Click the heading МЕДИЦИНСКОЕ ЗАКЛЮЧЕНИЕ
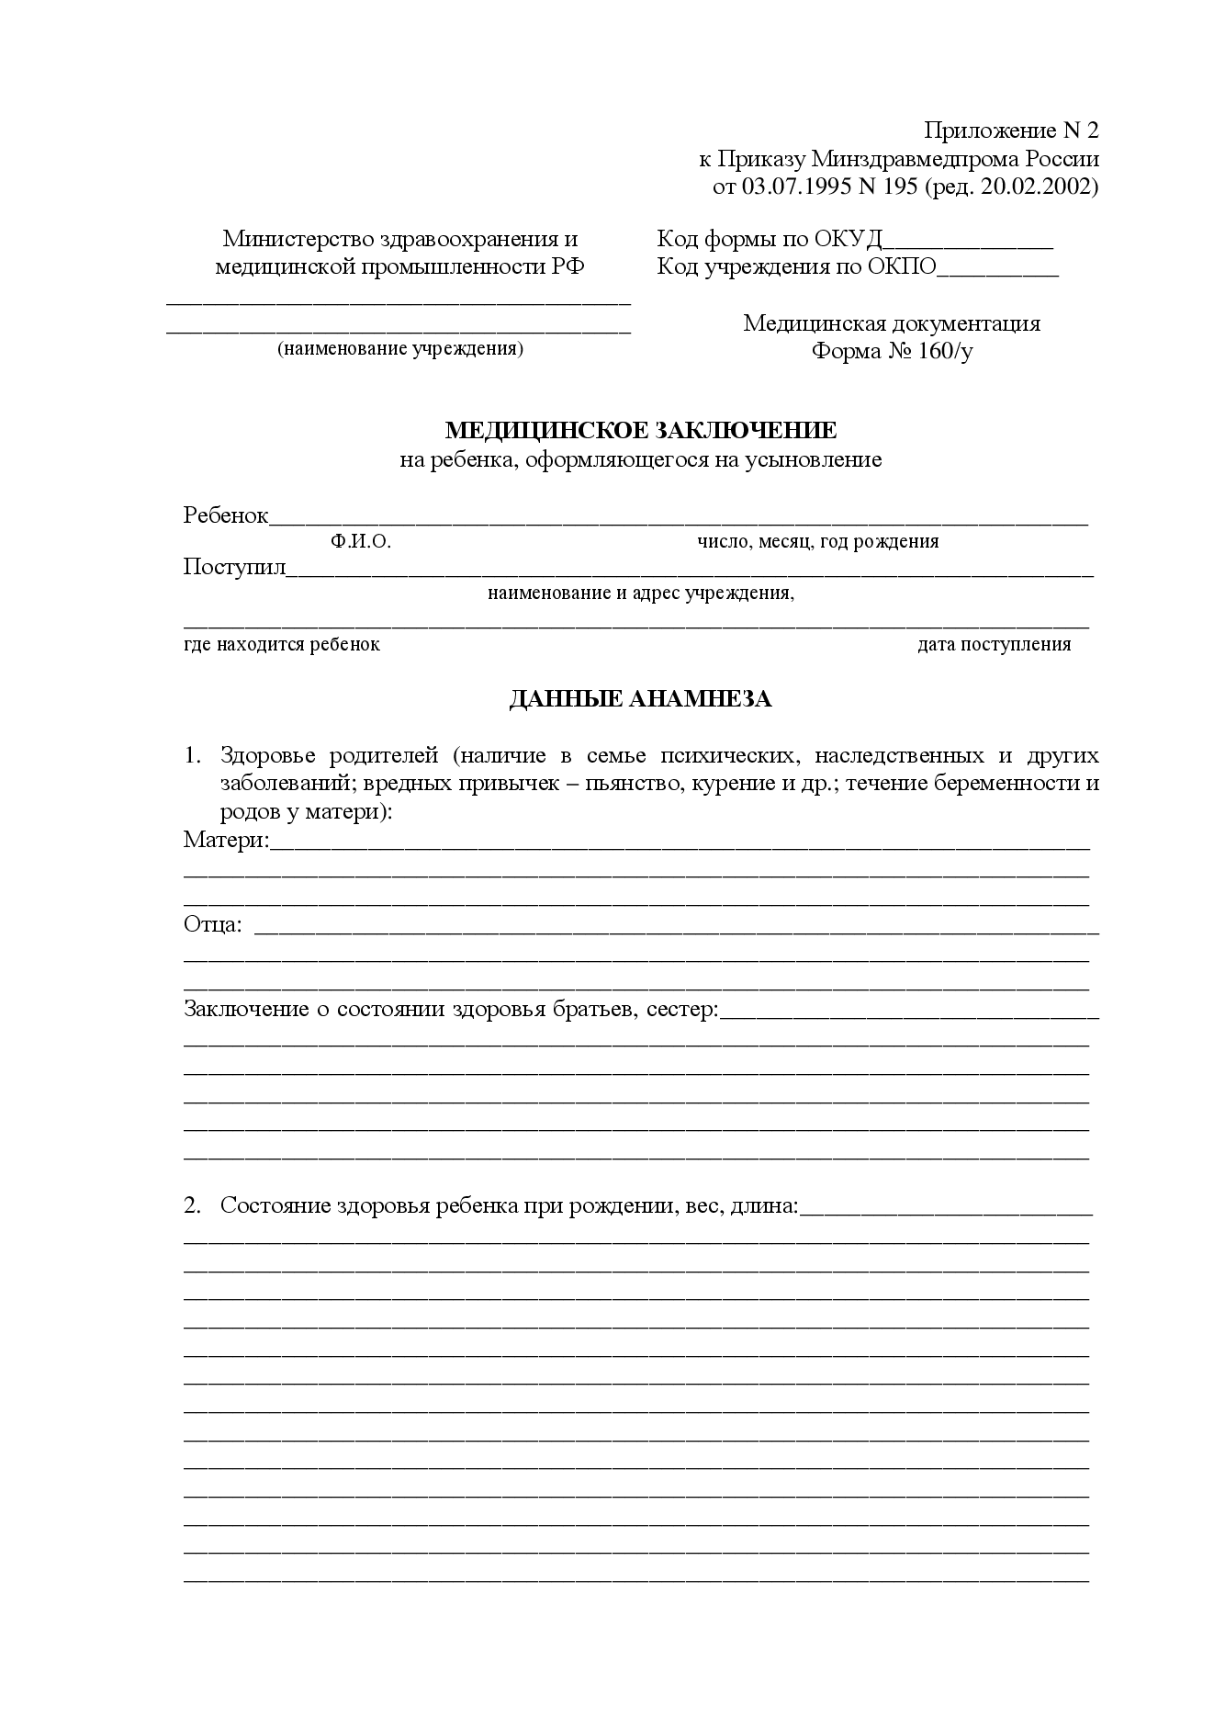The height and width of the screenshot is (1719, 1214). [640, 430]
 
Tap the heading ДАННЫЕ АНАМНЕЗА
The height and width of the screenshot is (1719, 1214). [640, 699]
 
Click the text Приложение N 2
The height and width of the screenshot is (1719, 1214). [1010, 130]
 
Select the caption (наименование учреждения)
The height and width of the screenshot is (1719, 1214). [400, 349]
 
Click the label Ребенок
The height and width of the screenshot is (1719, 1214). [226, 515]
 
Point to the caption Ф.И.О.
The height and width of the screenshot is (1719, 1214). [361, 542]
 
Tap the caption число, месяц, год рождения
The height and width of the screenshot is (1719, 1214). [817, 541]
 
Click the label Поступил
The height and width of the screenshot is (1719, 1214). [235, 567]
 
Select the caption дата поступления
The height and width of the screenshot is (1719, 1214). [994, 644]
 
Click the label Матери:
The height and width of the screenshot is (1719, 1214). [226, 840]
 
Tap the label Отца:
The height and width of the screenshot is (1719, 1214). [213, 924]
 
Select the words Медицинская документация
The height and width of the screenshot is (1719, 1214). [892, 323]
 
